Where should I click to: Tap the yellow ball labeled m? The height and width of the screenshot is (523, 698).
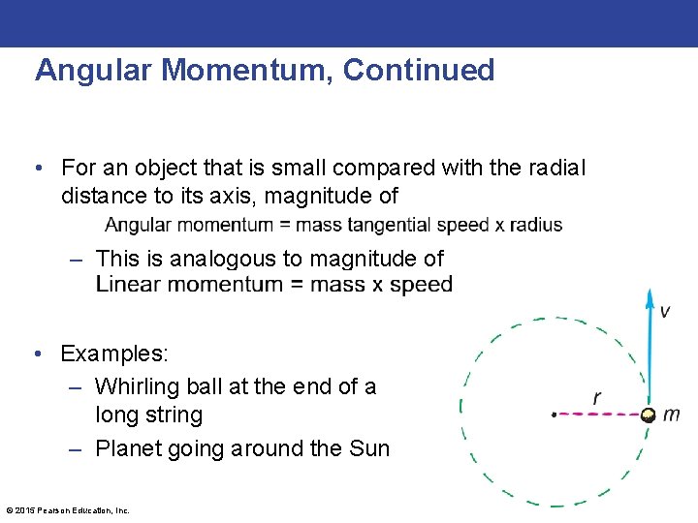[x=648, y=415]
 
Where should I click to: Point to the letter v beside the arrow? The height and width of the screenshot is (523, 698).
[x=664, y=312]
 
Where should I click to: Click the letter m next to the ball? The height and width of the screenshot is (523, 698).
[x=671, y=415]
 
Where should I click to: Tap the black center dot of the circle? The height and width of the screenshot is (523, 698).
[x=554, y=415]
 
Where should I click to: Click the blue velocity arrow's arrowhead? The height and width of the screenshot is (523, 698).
[x=650, y=296]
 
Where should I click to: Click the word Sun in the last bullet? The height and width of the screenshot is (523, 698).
[x=369, y=448]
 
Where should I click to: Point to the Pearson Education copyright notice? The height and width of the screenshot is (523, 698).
[x=68, y=510]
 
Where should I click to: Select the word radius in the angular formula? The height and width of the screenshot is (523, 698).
[x=532, y=225]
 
